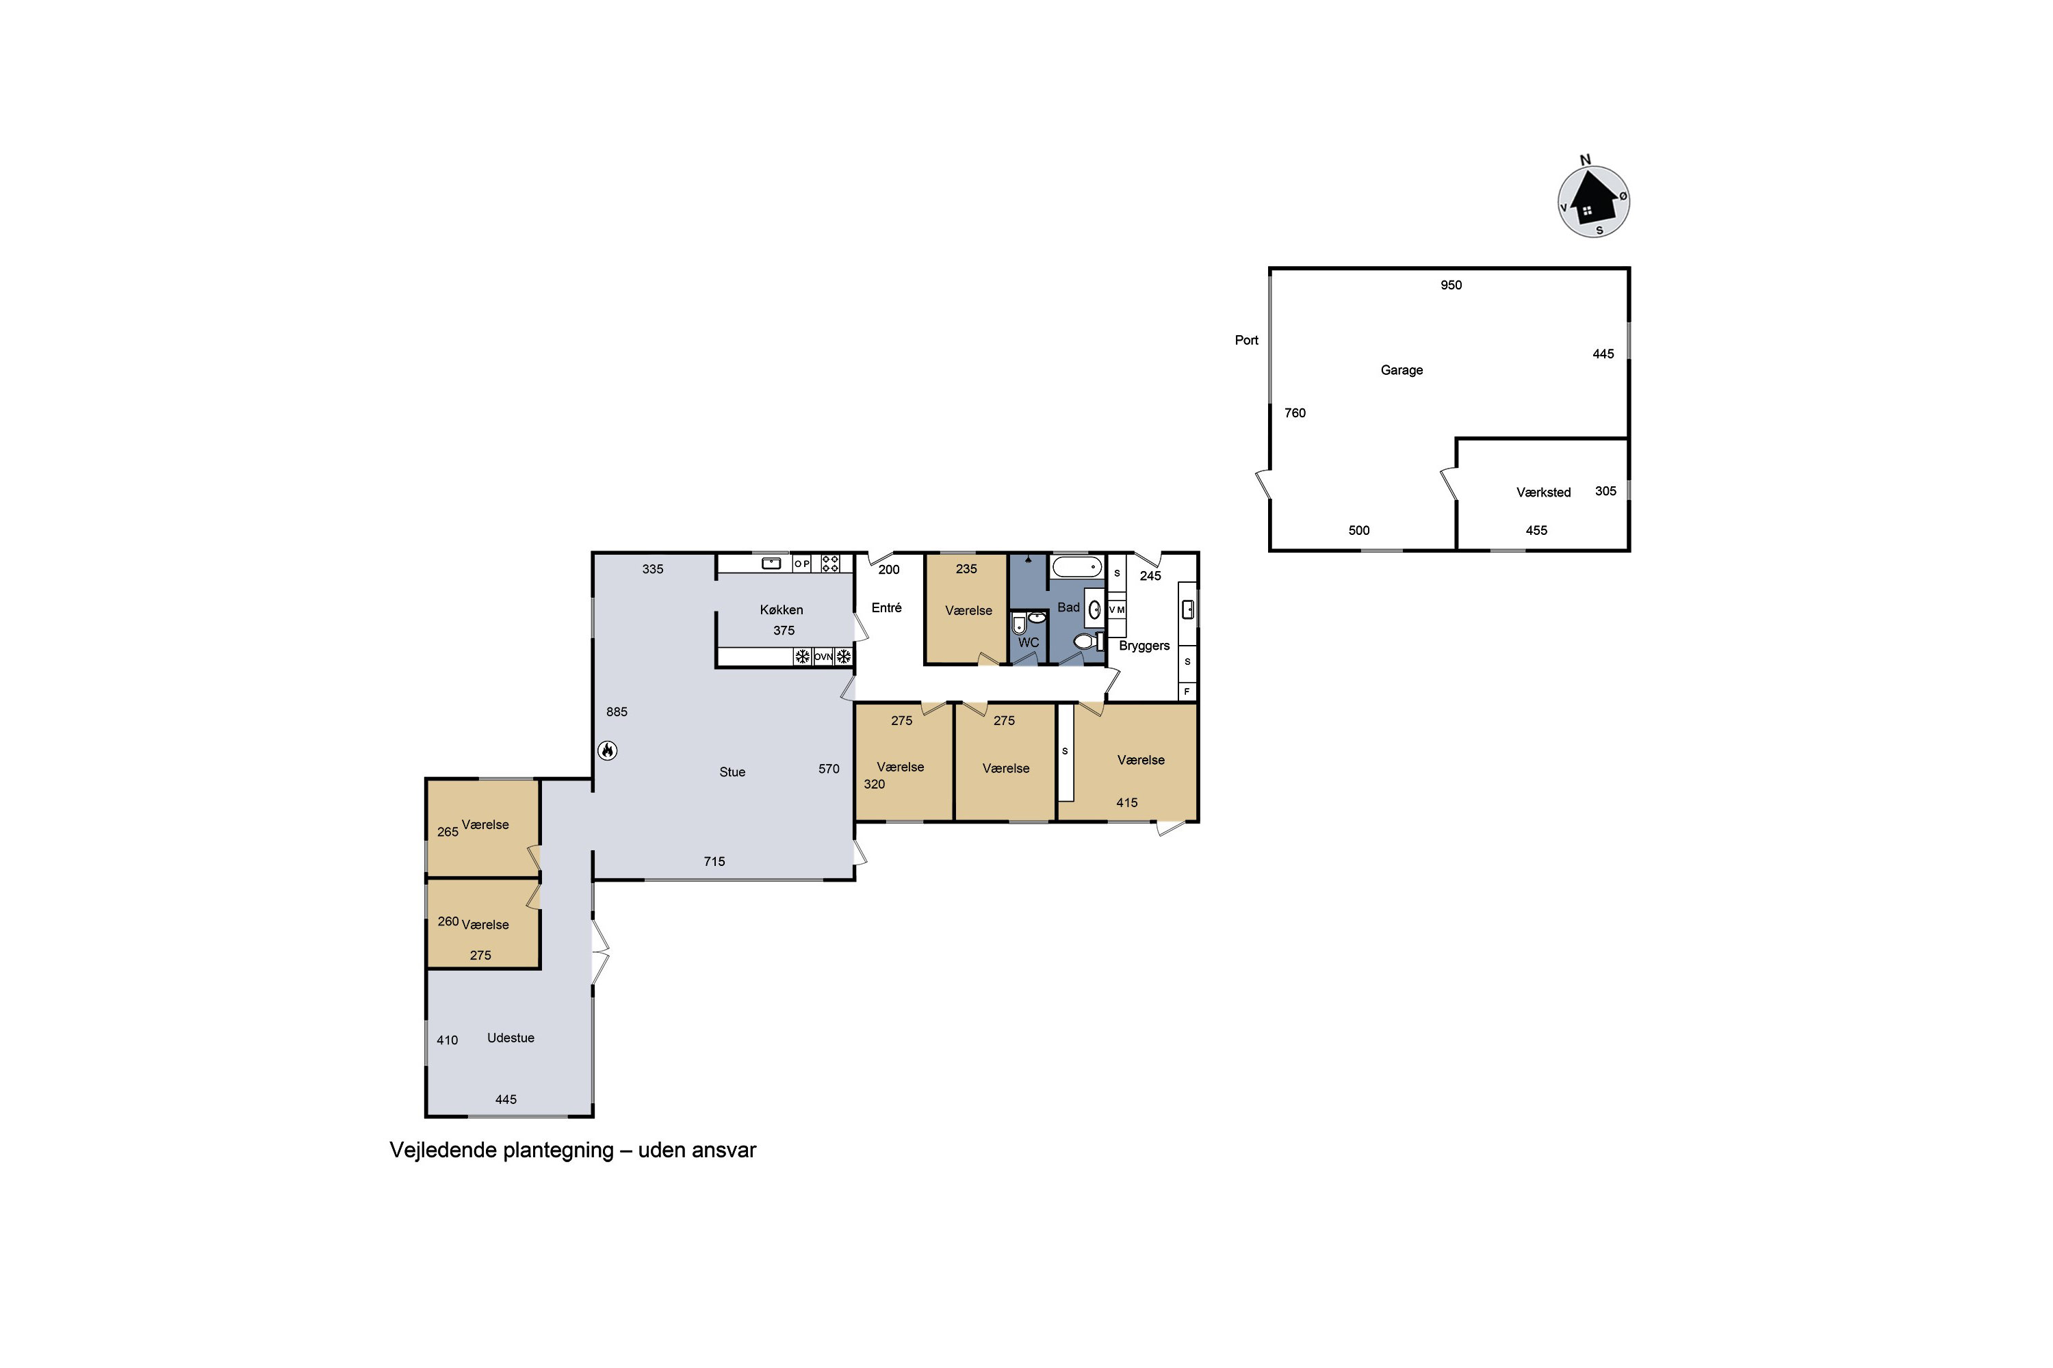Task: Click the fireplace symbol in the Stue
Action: pos(608,750)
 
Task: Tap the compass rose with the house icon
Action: pos(1594,202)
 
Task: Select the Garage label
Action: pos(1402,370)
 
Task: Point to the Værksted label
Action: pos(1543,492)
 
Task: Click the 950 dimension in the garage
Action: pos(1451,285)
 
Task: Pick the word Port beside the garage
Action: pos(1246,340)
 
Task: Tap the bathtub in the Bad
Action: pos(1077,566)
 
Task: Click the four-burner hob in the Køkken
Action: pos(830,564)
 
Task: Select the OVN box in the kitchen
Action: pos(823,657)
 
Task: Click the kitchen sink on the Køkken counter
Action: pos(772,564)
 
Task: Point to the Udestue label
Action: pos(511,1038)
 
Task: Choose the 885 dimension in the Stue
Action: pos(617,712)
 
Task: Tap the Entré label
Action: pos(887,607)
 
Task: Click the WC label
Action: pos(1029,643)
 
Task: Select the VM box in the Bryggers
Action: pos(1116,610)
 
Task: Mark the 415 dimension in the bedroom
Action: pos(1127,802)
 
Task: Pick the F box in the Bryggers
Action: pos(1187,692)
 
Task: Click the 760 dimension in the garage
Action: pos(1295,412)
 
